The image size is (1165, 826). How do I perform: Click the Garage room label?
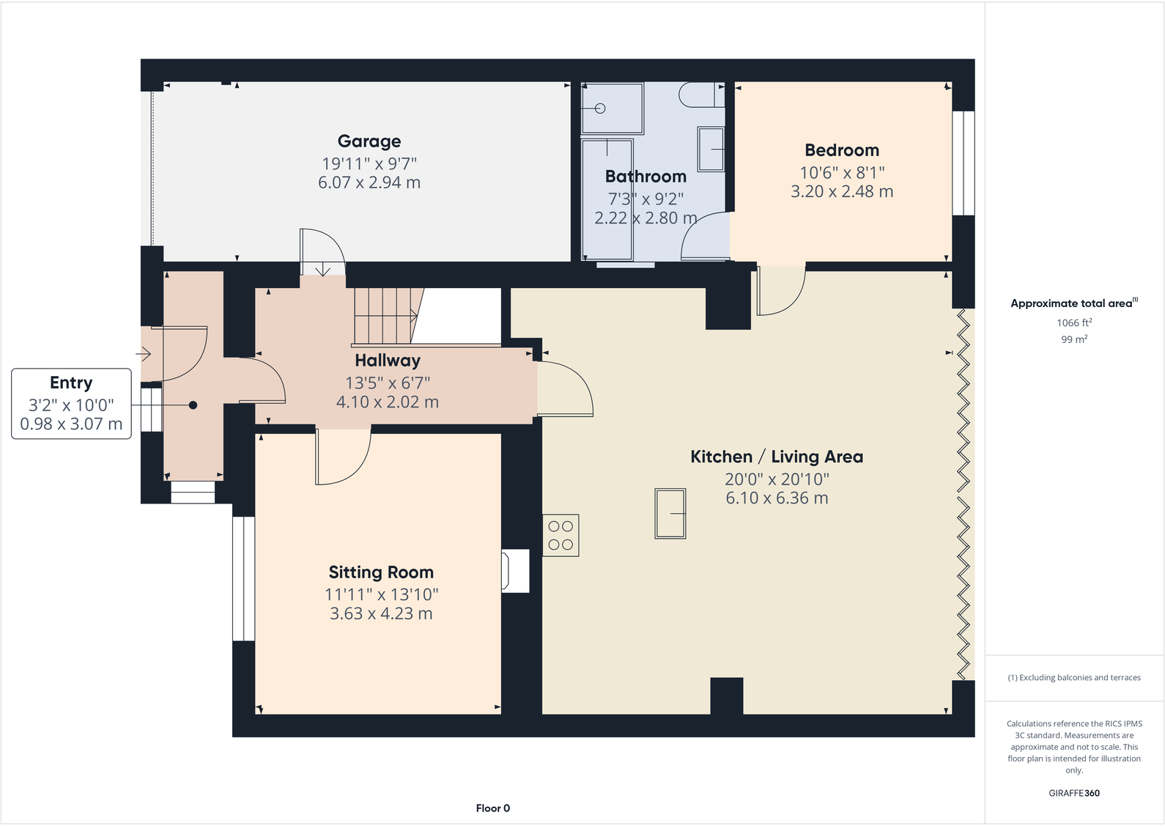tap(369, 141)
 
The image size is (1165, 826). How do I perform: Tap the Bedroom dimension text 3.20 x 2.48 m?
tap(842, 192)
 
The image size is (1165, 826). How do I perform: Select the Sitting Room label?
tap(381, 572)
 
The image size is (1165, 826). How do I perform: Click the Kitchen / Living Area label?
tap(777, 457)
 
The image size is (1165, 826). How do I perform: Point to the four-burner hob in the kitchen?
tap(561, 536)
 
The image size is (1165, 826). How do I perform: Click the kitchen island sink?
tap(670, 514)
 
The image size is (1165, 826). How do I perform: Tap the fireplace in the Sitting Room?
tap(515, 571)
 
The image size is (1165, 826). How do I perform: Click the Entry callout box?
tap(71, 404)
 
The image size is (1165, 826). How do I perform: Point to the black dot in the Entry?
tap(193, 405)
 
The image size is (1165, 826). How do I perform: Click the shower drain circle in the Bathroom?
tap(600, 108)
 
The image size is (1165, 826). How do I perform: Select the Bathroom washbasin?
tap(711, 150)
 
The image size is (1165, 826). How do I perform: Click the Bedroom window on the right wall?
tap(964, 163)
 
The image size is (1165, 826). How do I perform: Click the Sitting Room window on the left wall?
tap(243, 579)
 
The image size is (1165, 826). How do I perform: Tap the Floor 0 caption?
tap(492, 808)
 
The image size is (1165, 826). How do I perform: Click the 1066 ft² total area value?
tap(1074, 322)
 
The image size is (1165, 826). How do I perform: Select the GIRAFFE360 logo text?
tap(1074, 793)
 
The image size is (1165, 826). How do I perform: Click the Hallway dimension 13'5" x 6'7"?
tap(388, 383)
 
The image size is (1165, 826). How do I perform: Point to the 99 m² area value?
tap(1074, 339)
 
